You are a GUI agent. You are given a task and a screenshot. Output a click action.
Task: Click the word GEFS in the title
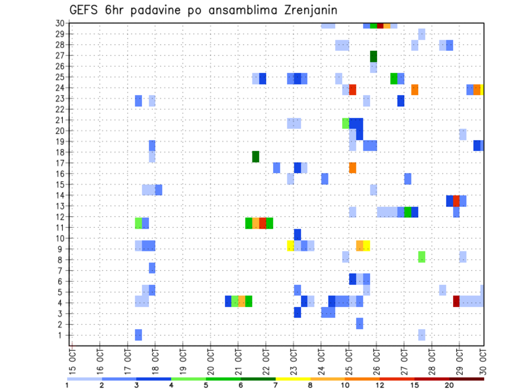[x=83, y=11]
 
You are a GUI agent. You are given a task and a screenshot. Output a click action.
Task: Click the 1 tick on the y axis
[x=62, y=335]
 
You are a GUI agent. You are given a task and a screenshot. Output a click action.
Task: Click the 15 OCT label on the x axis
[x=72, y=360]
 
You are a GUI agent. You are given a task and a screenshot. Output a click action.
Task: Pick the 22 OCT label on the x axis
[x=266, y=360]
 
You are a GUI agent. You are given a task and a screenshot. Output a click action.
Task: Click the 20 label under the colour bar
[x=449, y=385]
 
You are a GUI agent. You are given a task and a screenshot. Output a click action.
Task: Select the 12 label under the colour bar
[x=379, y=385]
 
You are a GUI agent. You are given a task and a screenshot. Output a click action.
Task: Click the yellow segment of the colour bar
[x=293, y=379]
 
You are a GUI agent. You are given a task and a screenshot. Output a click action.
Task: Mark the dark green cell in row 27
[x=373, y=56]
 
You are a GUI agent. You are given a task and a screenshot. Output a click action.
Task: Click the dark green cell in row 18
[x=256, y=156]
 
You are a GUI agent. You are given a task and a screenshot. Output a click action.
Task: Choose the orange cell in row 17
[x=352, y=167]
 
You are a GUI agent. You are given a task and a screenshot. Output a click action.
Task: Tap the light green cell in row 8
[x=421, y=257]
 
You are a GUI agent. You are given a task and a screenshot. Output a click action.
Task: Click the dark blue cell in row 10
[x=297, y=234]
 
